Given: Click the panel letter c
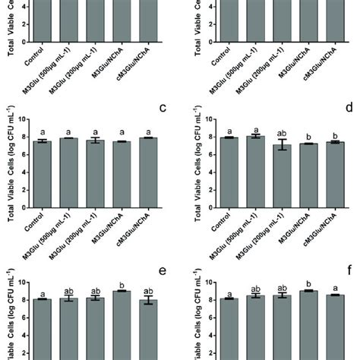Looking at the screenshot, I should tap(163, 107).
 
